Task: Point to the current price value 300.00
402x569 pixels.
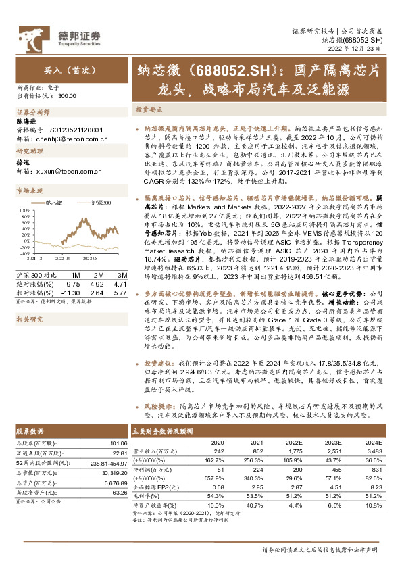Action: (x=67, y=97)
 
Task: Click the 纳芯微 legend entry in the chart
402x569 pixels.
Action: (x=53, y=202)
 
